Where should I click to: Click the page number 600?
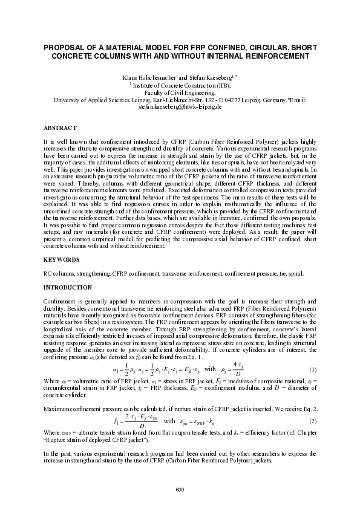click(180, 488)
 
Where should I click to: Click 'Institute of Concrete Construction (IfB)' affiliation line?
click(182, 86)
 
